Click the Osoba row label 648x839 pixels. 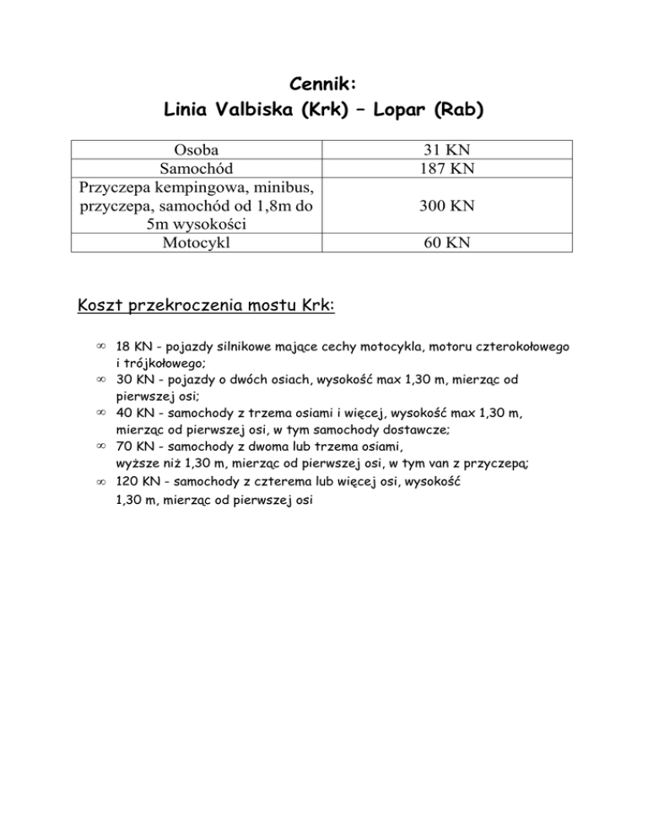196,151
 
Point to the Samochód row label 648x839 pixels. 196,169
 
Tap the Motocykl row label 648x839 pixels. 196,244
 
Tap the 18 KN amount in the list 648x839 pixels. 129,347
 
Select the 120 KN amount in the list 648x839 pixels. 132,481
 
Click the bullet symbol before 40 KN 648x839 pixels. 100,414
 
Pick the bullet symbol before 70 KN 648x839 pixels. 100,447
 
